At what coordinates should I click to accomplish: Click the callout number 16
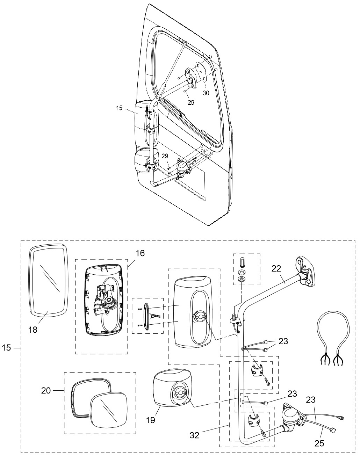(x=140, y=253)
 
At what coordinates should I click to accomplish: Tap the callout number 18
(x=33, y=330)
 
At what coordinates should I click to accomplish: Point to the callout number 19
(x=151, y=420)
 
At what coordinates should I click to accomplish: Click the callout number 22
(x=276, y=268)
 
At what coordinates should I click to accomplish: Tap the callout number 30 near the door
(x=206, y=93)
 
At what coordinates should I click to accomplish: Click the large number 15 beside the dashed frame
(x=6, y=348)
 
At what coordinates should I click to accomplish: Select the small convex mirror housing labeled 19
(x=172, y=391)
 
